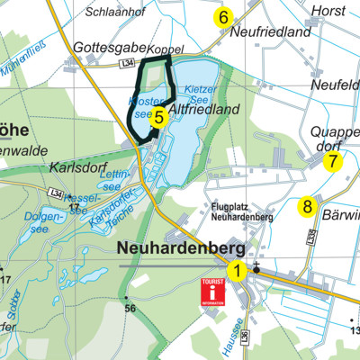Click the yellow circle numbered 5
point(157,115)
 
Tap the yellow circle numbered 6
point(222,17)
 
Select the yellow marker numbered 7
point(333,162)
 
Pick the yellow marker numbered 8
point(308,207)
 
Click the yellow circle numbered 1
point(238,269)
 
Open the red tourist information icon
point(211,292)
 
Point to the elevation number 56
point(130,309)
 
